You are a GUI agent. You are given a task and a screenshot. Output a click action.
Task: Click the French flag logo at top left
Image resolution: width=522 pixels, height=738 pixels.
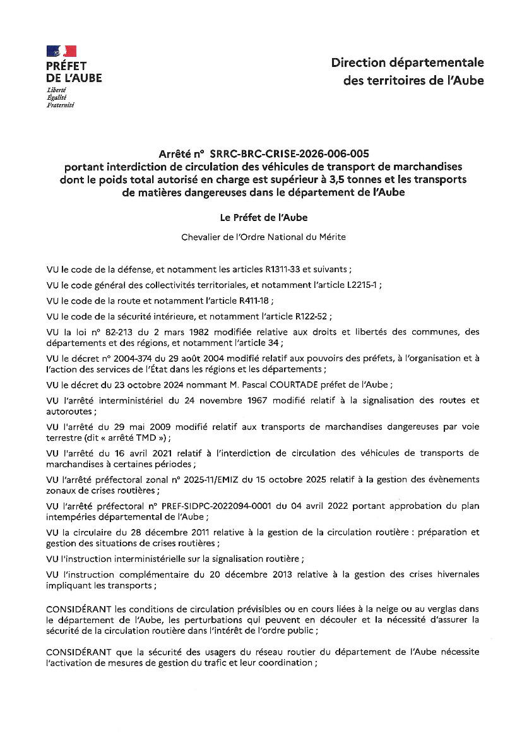[x=61, y=52]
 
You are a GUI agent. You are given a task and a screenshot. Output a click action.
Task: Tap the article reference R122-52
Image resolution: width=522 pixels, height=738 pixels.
[x=312, y=316]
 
